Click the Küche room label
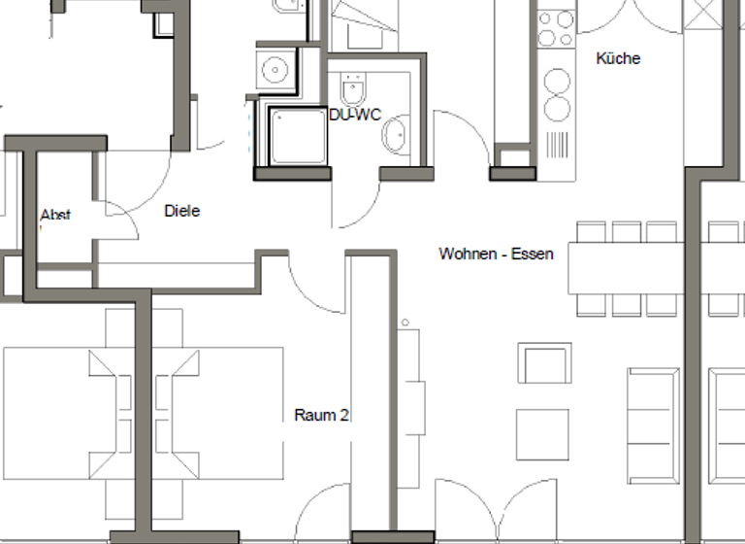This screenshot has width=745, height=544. [x=618, y=58]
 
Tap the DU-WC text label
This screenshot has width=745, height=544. [x=354, y=114]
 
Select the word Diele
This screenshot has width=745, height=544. [x=181, y=210]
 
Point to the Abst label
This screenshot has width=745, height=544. [x=55, y=215]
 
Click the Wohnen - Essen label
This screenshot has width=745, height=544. [x=496, y=254]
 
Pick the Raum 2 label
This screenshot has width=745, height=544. [x=321, y=416]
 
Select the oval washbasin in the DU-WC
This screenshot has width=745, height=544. [x=397, y=135]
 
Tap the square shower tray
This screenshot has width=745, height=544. [x=299, y=136]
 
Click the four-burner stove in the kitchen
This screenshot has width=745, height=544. [x=556, y=28]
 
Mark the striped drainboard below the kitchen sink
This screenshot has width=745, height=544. [x=557, y=144]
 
